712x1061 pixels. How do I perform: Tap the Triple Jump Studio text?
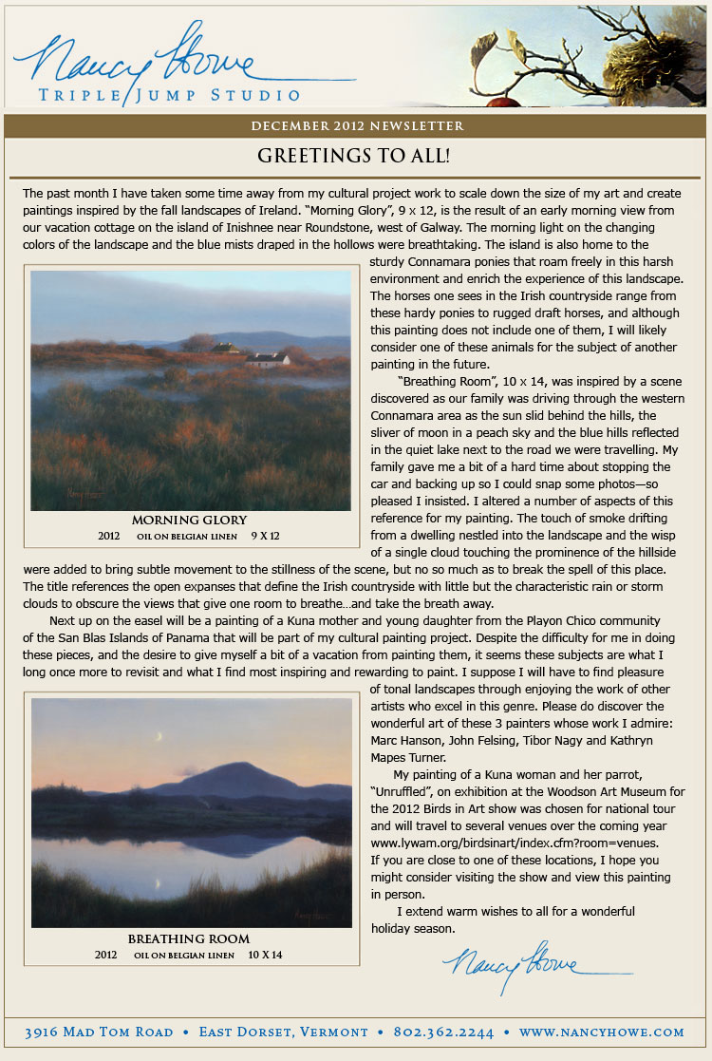pos(169,94)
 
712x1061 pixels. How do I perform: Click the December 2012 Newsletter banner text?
pos(357,125)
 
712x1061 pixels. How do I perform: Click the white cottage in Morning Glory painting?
pos(267,359)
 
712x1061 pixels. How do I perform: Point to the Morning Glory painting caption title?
pos(189,520)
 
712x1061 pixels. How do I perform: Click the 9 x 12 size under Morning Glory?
pos(265,536)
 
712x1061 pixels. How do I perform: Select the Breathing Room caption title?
pos(189,939)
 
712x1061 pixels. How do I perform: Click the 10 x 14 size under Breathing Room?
pos(265,955)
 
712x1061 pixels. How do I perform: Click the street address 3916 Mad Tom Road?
pos(99,1032)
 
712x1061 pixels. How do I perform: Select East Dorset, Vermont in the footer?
pos(283,1032)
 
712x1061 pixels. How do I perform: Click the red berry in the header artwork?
pos(504,102)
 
